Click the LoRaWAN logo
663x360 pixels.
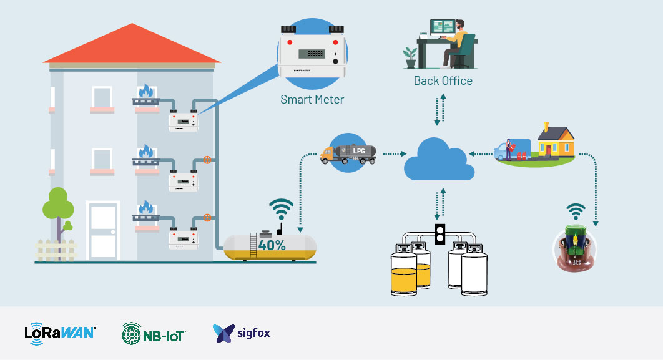[x=60, y=333]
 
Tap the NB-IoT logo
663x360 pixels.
[x=153, y=333]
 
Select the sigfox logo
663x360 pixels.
[x=242, y=333]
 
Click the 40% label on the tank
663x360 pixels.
[x=272, y=245]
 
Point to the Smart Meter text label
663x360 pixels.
[x=312, y=99]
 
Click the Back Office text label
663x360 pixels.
[x=443, y=81]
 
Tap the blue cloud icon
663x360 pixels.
[x=435, y=159]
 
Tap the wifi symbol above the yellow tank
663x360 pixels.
[x=281, y=208]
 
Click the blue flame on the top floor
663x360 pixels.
[x=145, y=92]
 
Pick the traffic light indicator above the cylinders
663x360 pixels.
[x=440, y=233]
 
